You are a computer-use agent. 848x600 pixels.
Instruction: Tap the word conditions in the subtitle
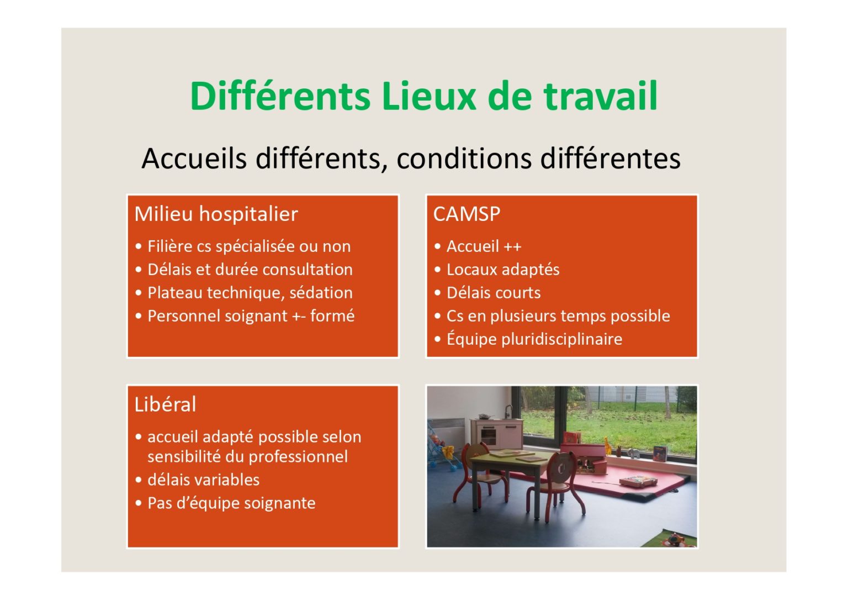click(464, 159)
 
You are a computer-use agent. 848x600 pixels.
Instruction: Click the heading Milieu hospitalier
click(216, 214)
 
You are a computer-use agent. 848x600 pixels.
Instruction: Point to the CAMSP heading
click(467, 214)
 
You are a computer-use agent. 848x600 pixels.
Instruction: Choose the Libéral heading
click(165, 404)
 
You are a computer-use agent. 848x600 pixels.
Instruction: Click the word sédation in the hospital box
click(321, 293)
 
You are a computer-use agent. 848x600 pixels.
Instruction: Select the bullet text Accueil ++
click(484, 246)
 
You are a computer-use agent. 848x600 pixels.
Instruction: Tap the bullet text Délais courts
click(494, 293)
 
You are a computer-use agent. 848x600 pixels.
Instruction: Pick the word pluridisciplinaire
click(561, 339)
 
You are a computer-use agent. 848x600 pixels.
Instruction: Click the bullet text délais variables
click(203, 480)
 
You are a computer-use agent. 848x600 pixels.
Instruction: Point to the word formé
click(332, 316)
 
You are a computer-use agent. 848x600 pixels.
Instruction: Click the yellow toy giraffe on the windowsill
click(607, 446)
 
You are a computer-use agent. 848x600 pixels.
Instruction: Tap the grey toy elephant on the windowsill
click(633, 453)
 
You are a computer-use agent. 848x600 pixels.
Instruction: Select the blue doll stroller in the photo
click(442, 448)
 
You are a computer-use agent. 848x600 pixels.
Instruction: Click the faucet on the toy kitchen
click(508, 411)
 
